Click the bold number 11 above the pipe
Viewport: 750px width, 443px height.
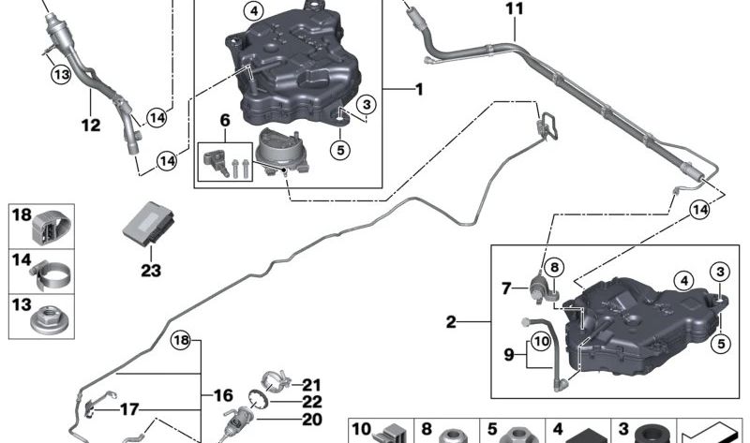(x=514, y=9)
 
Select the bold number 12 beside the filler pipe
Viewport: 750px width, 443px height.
(x=91, y=126)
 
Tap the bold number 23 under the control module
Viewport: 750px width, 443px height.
(x=151, y=271)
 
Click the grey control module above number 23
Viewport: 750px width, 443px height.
(x=149, y=224)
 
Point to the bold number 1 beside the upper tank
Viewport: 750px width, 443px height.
(x=419, y=89)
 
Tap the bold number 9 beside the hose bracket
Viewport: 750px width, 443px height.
(x=509, y=355)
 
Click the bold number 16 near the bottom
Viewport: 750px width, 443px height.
(x=223, y=395)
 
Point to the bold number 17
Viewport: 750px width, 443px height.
(x=129, y=409)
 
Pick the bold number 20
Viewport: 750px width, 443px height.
(x=312, y=420)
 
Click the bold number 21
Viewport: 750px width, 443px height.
(x=312, y=385)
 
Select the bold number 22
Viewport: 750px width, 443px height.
(x=312, y=403)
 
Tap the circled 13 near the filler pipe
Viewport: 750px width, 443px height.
(x=61, y=75)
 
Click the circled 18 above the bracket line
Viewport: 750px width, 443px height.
(x=181, y=340)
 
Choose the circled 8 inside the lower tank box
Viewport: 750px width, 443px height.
(x=554, y=267)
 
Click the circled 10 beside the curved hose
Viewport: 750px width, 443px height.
(x=542, y=341)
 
